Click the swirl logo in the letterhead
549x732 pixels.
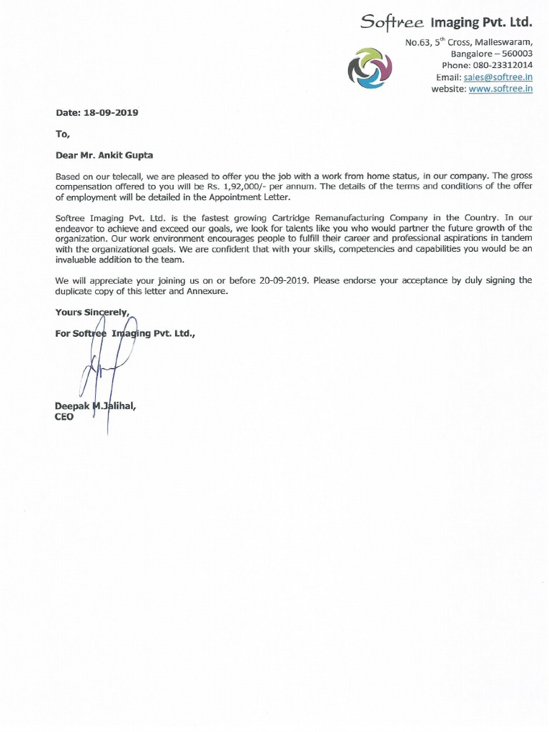(370, 68)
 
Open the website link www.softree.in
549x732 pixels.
(500, 89)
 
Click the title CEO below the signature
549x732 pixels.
(64, 417)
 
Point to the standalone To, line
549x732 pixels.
(62, 133)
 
